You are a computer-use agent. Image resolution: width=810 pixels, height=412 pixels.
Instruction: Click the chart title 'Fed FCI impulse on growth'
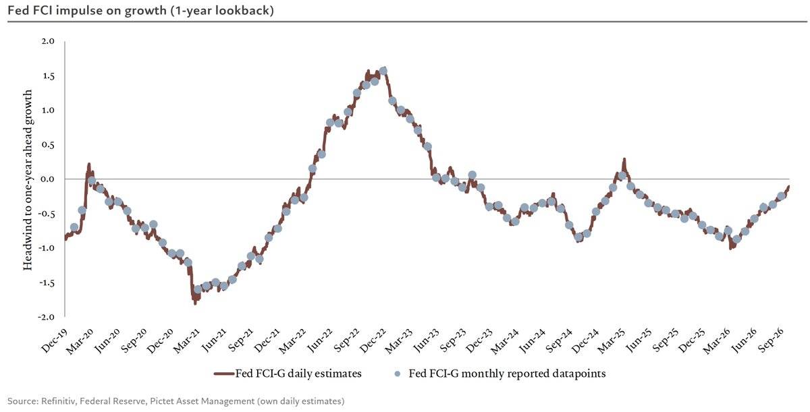[87, 11]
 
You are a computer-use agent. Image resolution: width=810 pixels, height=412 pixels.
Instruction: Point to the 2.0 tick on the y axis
[48, 41]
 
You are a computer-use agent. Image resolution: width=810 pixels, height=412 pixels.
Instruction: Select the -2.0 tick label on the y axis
[46, 317]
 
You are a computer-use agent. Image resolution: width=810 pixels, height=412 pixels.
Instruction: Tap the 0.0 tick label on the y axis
[48, 179]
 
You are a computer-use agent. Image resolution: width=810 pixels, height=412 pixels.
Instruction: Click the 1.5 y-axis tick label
[48, 76]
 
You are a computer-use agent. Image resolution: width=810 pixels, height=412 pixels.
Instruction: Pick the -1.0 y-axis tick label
[46, 248]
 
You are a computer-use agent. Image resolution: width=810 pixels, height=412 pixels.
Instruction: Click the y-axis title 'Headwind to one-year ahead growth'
[28, 180]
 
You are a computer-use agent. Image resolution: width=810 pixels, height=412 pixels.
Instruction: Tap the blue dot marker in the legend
[398, 374]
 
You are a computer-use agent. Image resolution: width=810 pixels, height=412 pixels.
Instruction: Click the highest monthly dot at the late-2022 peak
[383, 70]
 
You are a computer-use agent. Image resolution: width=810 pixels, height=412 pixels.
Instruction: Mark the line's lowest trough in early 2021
[195, 304]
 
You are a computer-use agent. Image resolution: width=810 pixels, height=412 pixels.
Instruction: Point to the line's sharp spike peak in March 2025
[624, 159]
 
